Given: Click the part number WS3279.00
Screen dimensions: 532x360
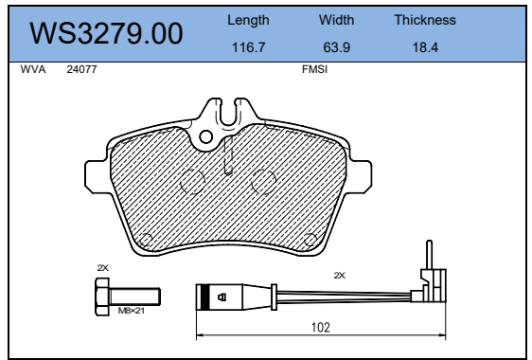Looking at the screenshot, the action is (106, 33).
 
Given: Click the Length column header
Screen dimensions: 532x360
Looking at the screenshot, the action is (248, 21).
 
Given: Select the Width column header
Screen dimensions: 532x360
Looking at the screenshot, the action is (336, 20).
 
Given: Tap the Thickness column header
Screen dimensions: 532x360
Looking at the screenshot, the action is (425, 20).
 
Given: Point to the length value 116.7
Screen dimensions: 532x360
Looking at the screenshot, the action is (248, 46).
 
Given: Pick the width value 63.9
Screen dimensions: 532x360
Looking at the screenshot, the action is (336, 46).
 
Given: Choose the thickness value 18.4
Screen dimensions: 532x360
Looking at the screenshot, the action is (425, 46).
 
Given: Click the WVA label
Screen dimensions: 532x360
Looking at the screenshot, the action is (33, 69).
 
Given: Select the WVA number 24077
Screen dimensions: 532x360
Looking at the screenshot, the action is (81, 69).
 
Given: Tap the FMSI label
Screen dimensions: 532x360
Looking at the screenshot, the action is (314, 69).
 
